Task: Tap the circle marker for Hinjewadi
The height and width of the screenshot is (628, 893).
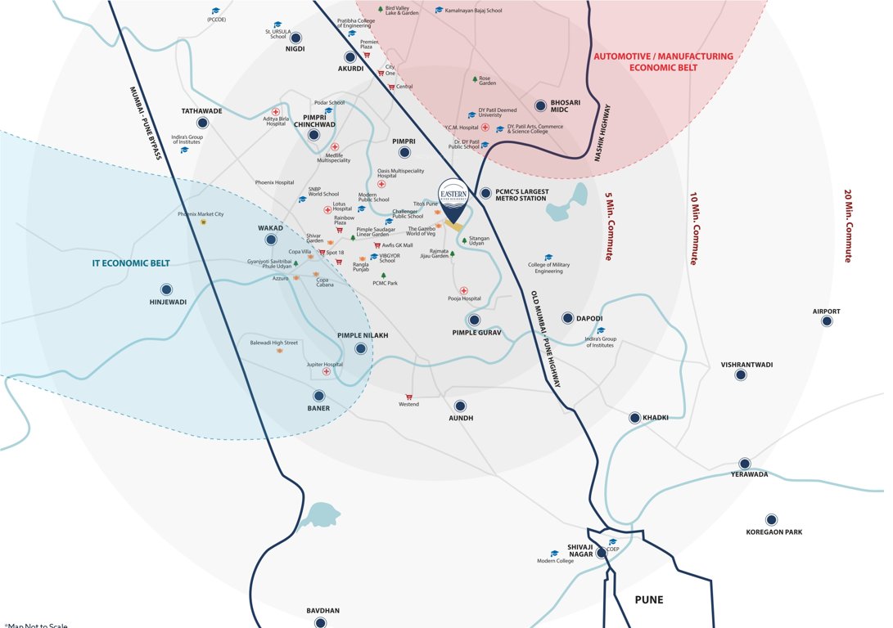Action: click(x=167, y=289)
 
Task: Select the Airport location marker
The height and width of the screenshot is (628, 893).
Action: click(x=827, y=322)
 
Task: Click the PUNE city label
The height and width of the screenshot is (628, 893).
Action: click(x=649, y=599)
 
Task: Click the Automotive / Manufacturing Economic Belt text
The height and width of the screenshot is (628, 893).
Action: click(x=663, y=62)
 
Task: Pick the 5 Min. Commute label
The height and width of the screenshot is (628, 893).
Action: click(x=608, y=227)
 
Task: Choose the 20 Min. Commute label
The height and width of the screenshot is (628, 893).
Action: click(x=848, y=227)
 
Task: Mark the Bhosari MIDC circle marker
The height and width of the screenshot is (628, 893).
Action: click(x=540, y=105)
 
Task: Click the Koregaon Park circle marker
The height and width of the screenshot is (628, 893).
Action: click(x=770, y=519)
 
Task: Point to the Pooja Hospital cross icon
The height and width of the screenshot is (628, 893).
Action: click(x=464, y=290)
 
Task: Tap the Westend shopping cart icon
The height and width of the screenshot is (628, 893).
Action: click(x=408, y=394)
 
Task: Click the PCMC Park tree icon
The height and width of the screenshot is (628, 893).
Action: click(x=382, y=276)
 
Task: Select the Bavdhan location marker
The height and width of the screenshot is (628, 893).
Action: click(x=322, y=622)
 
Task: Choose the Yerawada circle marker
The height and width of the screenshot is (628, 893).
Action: click(x=744, y=463)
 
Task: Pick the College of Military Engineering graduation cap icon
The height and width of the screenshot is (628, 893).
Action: click(x=548, y=257)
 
